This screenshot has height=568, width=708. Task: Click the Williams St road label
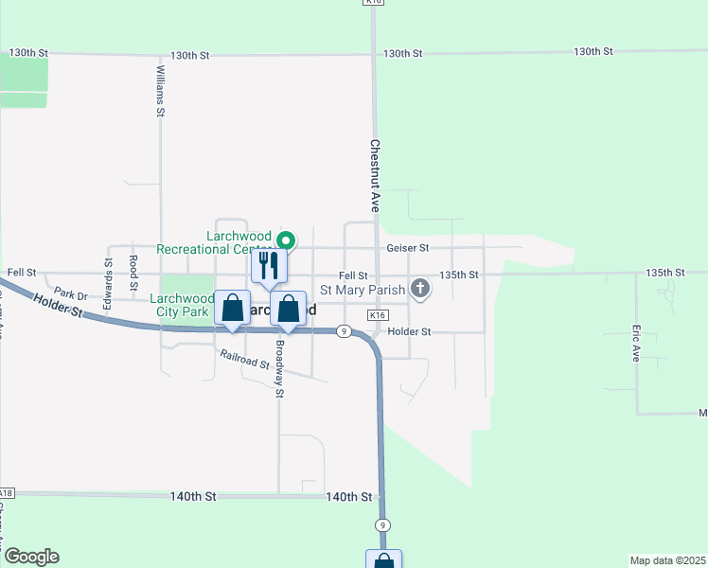point(161,91)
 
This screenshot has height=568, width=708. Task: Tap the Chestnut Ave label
point(375,176)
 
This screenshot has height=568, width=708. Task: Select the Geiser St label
point(408,248)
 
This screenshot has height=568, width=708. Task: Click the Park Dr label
point(70,293)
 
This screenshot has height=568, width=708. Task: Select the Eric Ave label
point(636,345)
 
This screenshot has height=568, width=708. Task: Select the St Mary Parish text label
point(363,290)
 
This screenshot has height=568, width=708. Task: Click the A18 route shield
point(7,493)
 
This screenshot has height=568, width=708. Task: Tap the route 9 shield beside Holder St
point(345,331)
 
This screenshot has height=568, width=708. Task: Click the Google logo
point(31,557)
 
